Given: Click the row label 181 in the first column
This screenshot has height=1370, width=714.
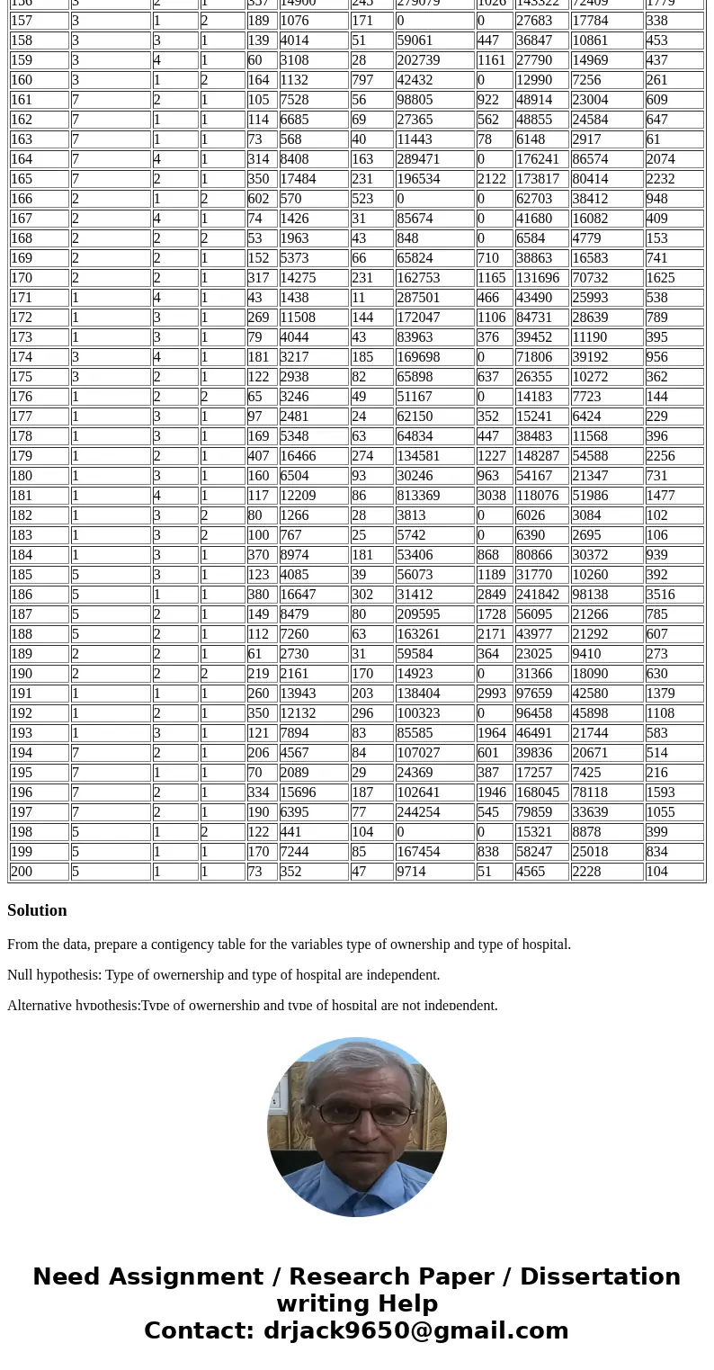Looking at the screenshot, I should pos(22,496).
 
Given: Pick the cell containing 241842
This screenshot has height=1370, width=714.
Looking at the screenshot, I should pos(537,595).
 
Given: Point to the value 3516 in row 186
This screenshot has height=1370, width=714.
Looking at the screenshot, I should pos(664,595).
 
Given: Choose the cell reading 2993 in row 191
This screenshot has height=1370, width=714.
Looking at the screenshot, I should pos(492,694).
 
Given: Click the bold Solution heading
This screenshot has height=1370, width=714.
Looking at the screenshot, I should pos(37,910).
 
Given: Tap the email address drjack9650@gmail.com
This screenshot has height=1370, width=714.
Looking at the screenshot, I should pos(415,1331).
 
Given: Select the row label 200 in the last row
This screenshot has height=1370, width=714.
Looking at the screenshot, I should pos(22,872).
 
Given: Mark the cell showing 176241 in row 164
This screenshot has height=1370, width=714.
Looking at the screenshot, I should pos(537,159).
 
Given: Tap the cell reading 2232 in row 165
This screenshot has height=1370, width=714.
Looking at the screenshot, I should pos(664,179).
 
